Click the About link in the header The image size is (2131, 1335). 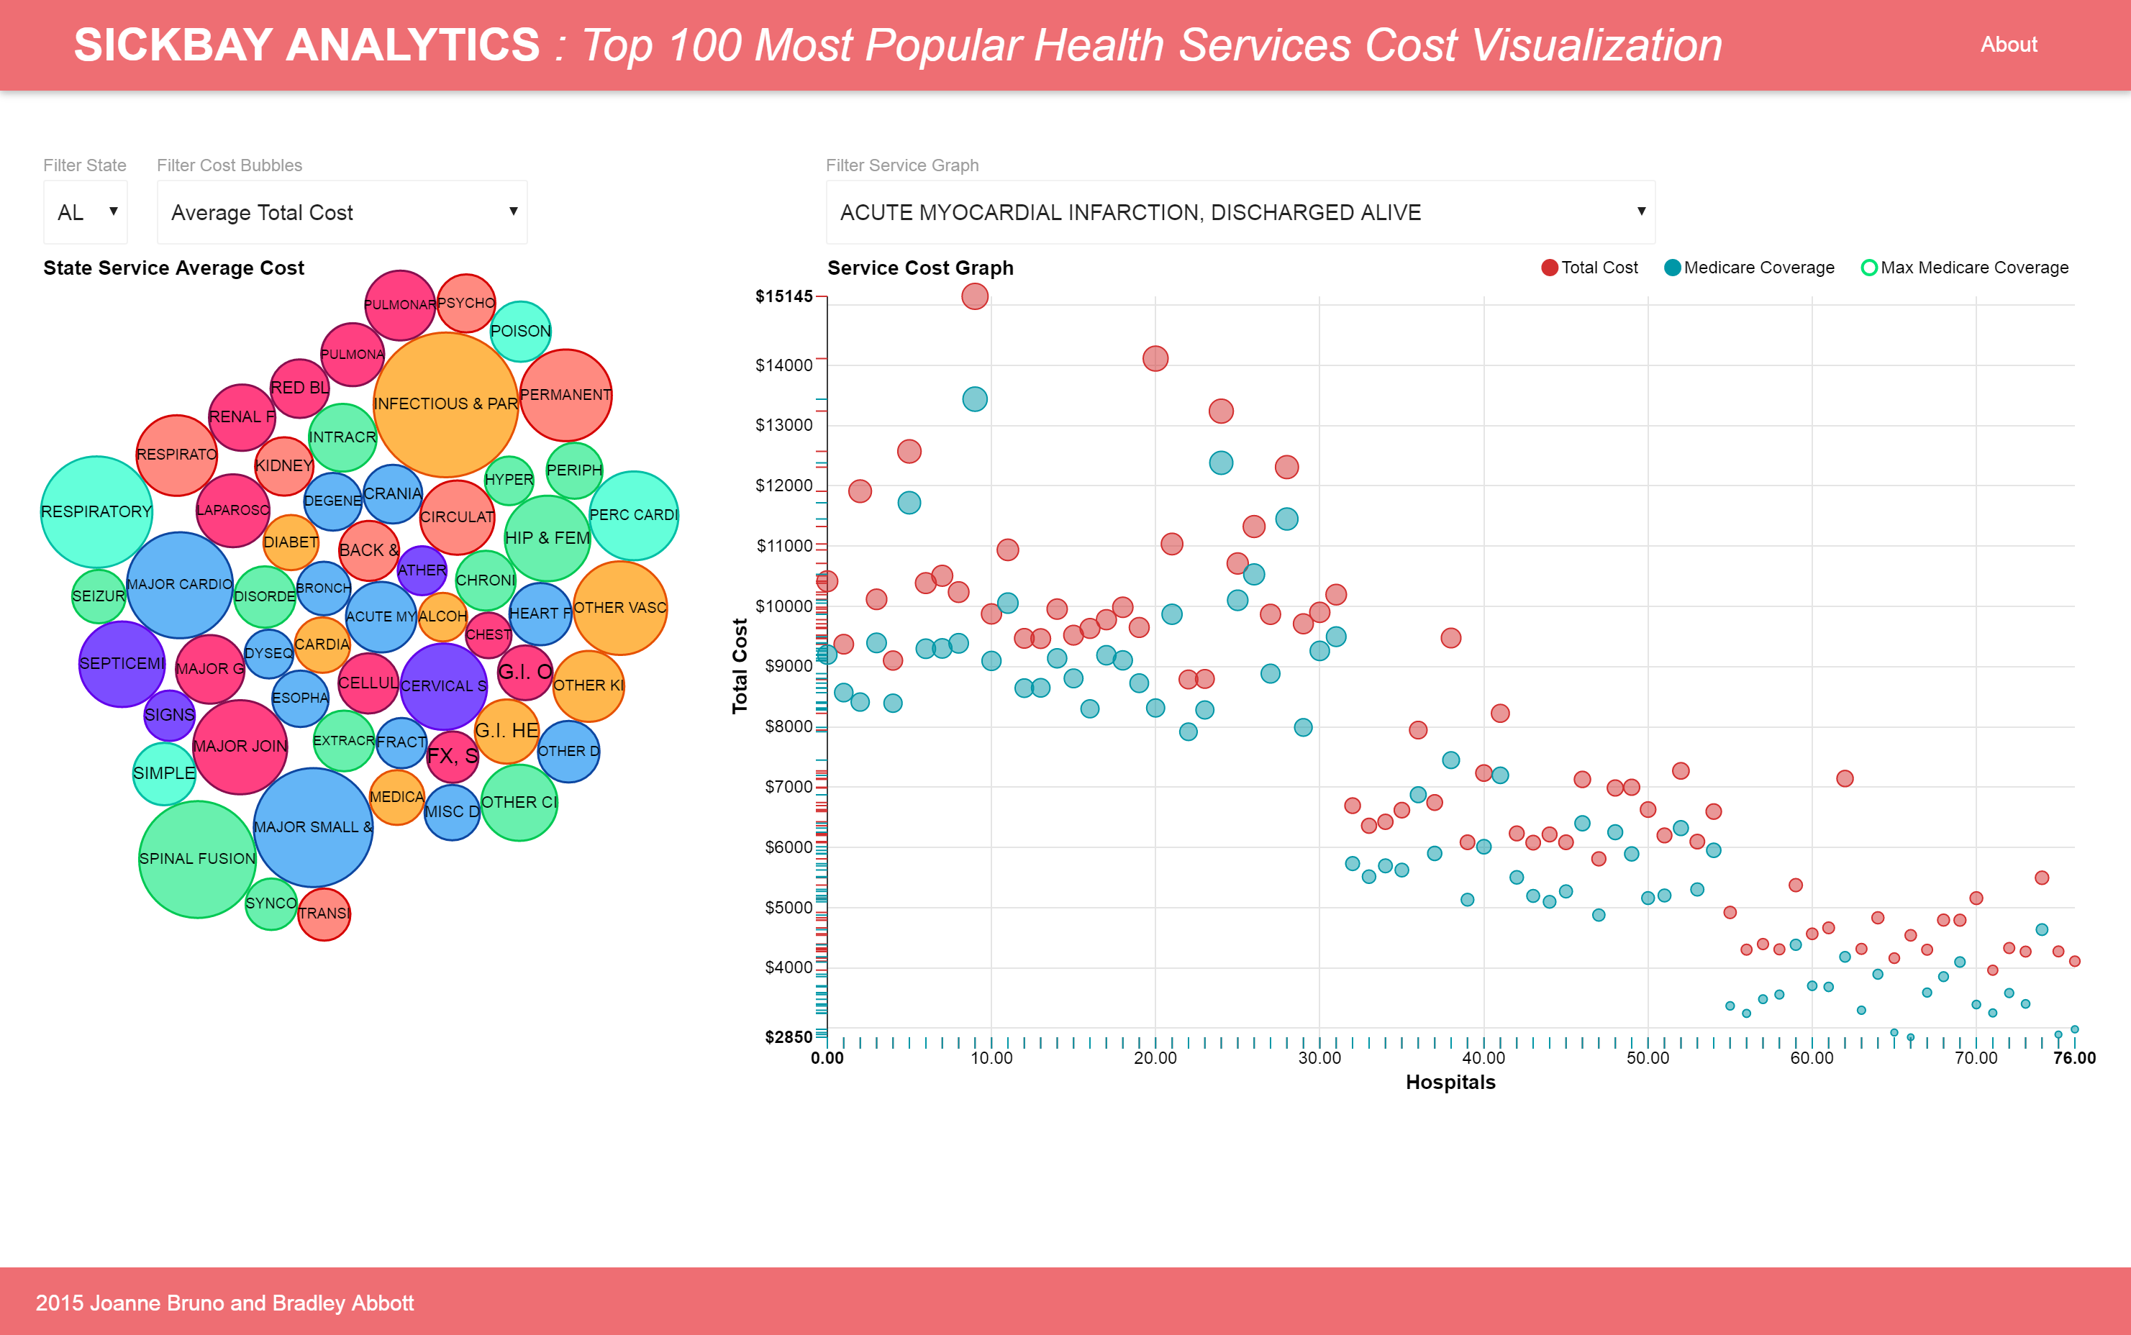tap(2008, 44)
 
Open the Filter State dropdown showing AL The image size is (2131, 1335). tap(86, 212)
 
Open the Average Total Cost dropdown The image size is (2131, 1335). tap(342, 212)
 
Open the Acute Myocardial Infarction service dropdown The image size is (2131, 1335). tap(1240, 212)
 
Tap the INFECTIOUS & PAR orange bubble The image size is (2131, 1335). tap(445, 404)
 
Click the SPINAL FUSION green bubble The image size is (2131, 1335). tap(197, 858)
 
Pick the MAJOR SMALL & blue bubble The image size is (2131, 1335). tap(313, 826)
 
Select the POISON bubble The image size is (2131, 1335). tap(520, 331)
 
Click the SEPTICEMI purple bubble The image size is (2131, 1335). tap(122, 663)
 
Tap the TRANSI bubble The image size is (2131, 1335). tap(324, 913)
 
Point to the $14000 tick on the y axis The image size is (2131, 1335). tap(784, 365)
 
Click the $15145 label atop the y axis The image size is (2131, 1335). tap(783, 296)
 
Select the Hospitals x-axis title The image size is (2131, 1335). tap(1450, 1082)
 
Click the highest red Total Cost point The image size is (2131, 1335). tap(974, 296)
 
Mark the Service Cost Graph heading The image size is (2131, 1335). tap(919, 268)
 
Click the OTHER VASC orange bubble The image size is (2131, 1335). tap(620, 608)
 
